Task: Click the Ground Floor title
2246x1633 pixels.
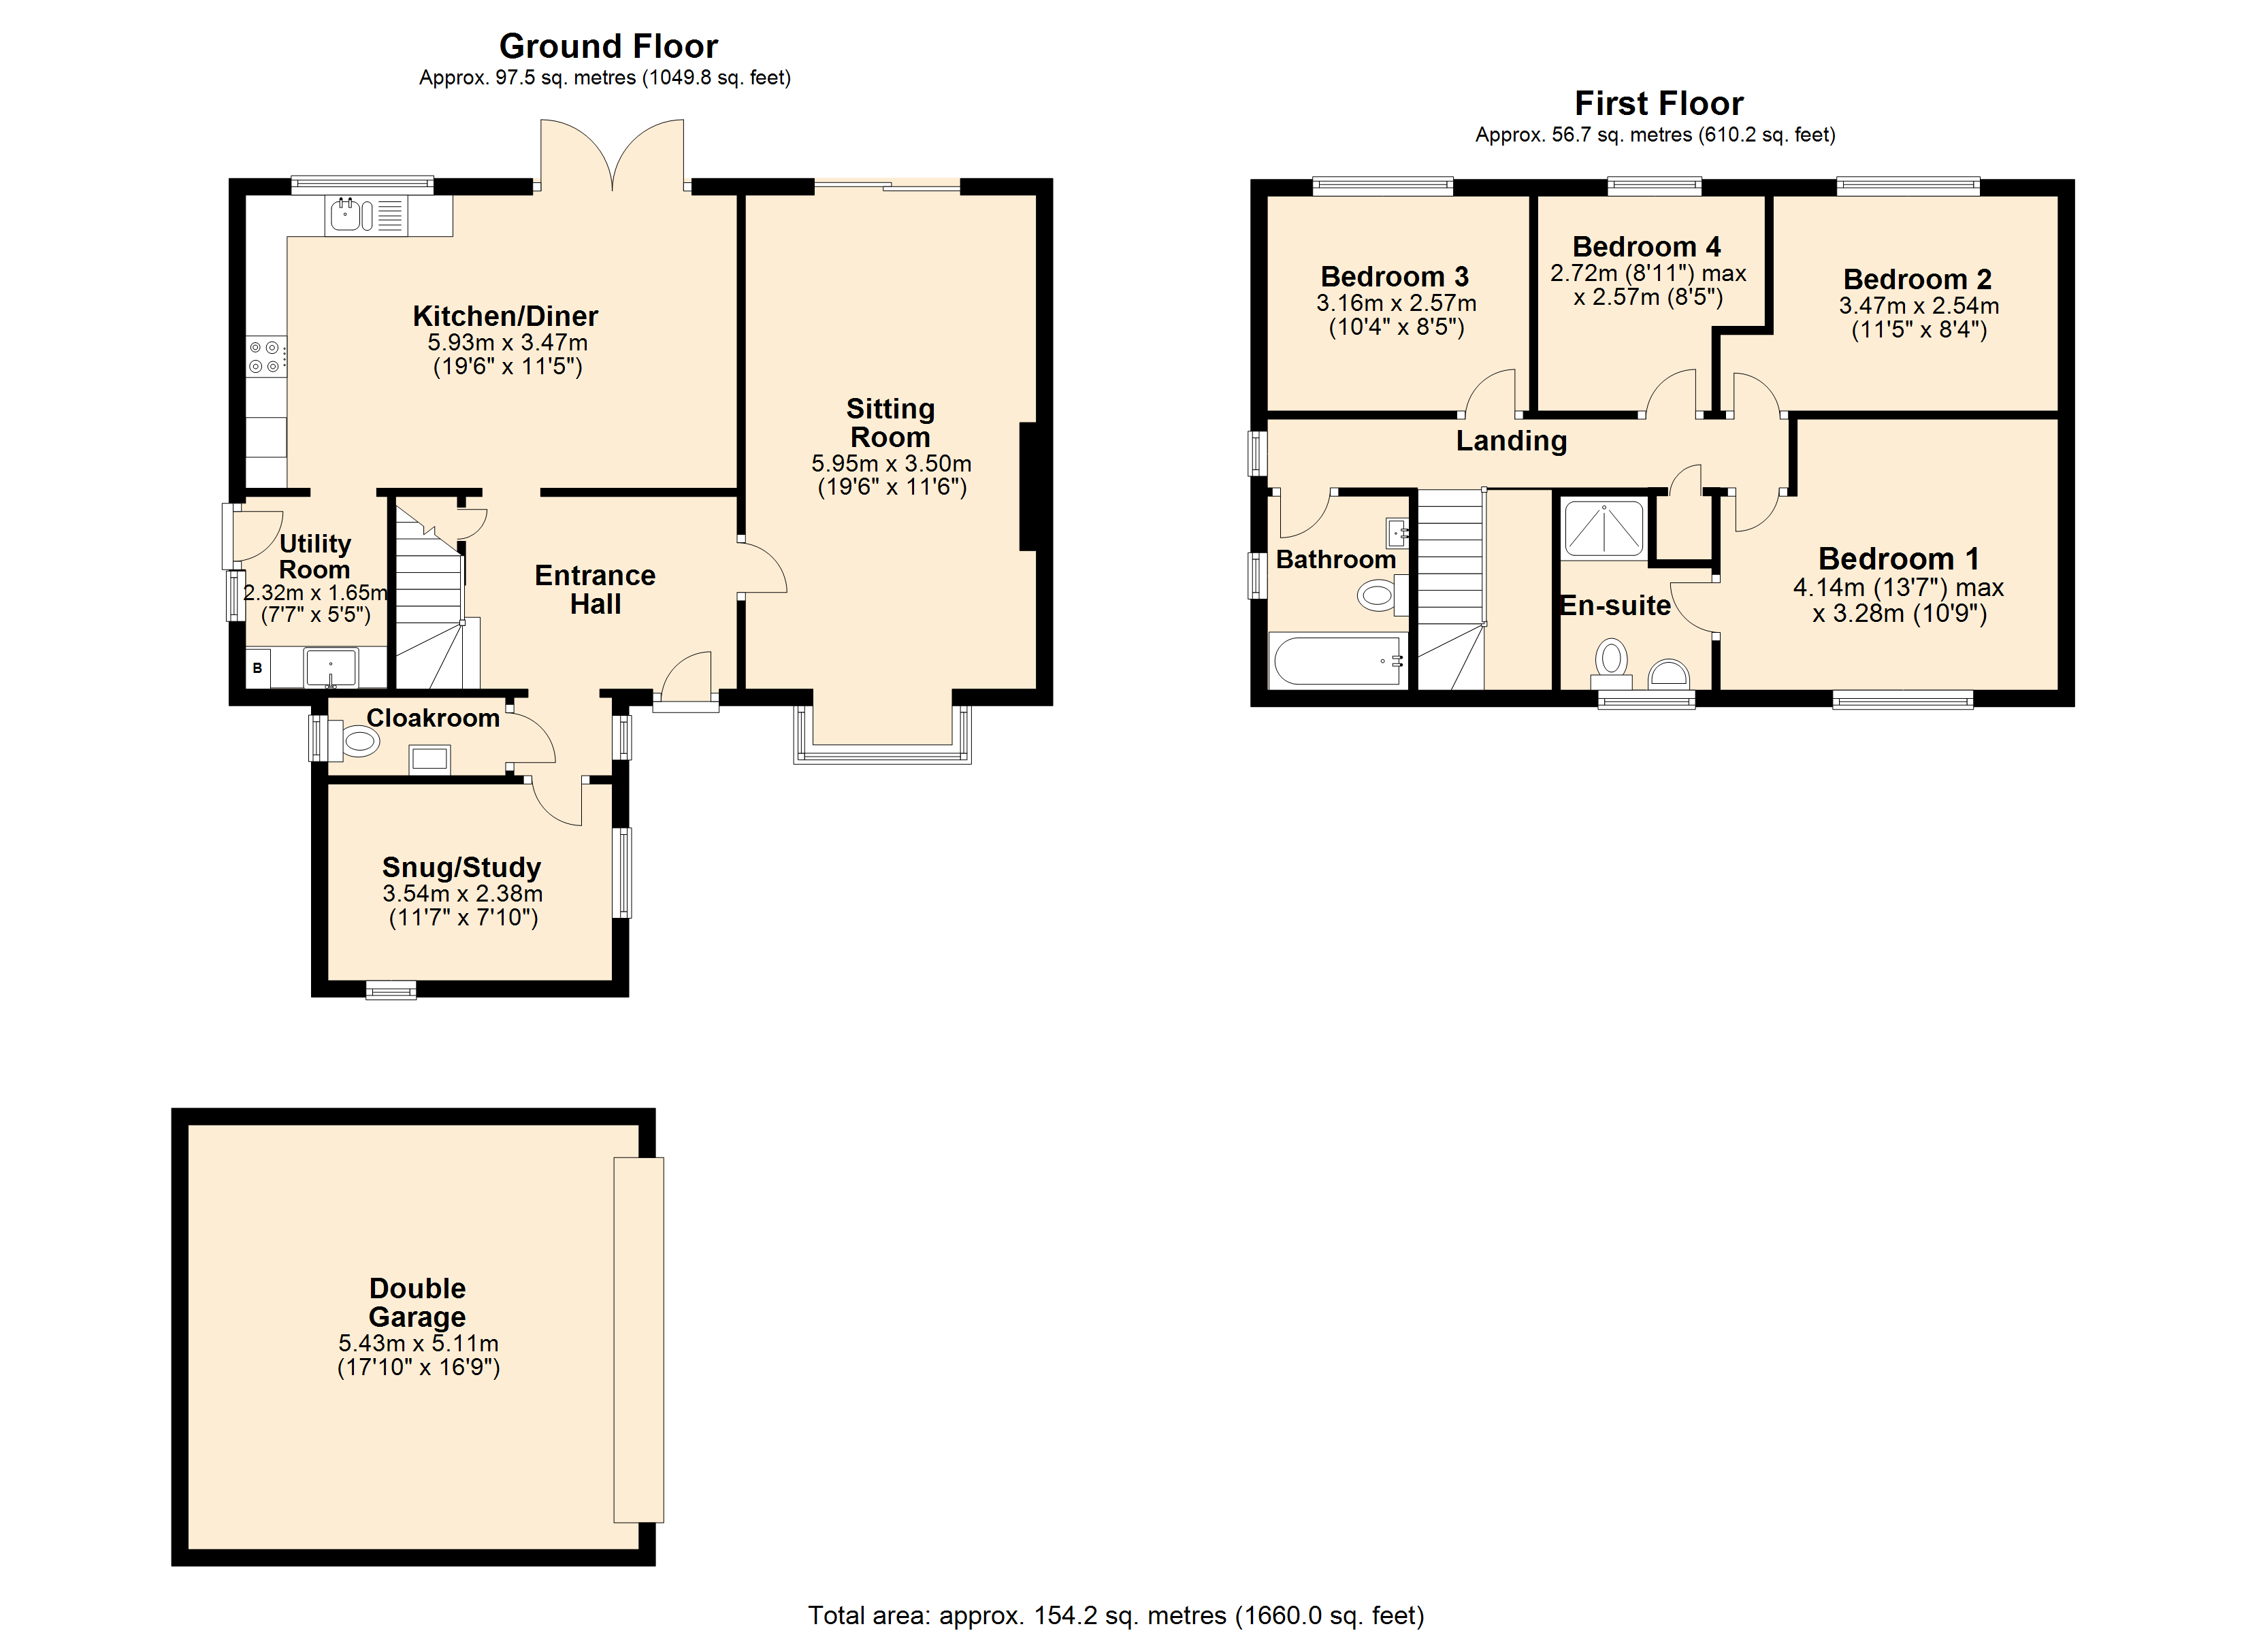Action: click(x=608, y=46)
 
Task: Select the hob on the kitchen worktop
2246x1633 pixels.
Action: click(x=266, y=357)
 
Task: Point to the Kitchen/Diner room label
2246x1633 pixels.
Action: click(x=505, y=316)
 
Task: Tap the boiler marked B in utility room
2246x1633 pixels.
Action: click(x=257, y=668)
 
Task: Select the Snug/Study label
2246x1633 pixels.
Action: click(x=461, y=868)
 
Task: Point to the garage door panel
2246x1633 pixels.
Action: click(x=638, y=1339)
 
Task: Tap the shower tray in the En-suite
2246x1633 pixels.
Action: click(x=1602, y=528)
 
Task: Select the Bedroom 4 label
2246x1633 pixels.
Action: click(x=1646, y=246)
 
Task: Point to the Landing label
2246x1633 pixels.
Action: click(x=1511, y=441)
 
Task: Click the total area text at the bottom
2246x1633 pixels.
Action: click(x=1116, y=1615)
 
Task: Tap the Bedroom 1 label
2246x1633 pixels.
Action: click(x=1898, y=559)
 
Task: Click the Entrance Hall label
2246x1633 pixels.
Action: click(x=595, y=589)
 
